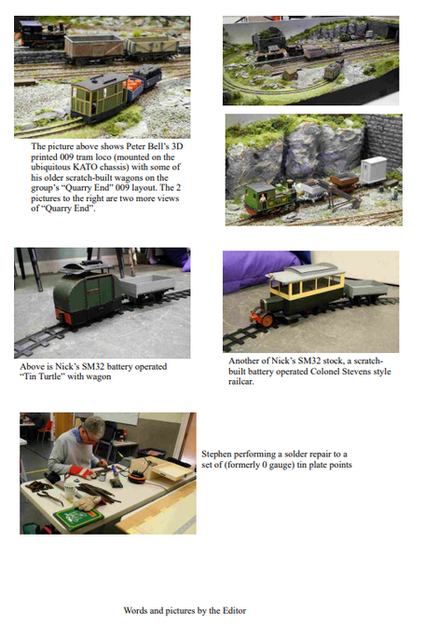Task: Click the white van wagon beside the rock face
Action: coord(374,170)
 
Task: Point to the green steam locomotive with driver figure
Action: coord(271,197)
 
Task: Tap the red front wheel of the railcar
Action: coord(267,320)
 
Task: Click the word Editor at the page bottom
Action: coord(234,610)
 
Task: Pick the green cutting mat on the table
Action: coord(78,518)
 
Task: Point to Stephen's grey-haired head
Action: coord(93,428)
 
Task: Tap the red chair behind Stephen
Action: coord(46,430)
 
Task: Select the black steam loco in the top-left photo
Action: coord(42,33)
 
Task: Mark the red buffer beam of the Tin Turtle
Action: coord(62,316)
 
